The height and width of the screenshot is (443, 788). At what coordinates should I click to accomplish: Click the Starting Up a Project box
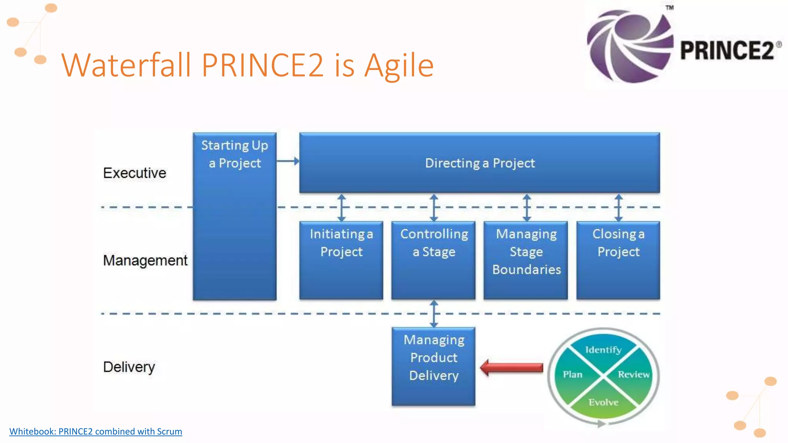point(235,216)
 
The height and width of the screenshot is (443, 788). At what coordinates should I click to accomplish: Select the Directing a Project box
point(479,163)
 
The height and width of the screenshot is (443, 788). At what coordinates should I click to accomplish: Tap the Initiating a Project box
point(341,260)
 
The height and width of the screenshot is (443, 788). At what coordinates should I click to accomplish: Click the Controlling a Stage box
point(434,260)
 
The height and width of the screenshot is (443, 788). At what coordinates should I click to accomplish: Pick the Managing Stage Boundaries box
point(526,260)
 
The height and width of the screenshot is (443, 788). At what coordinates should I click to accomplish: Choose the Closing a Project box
point(618,260)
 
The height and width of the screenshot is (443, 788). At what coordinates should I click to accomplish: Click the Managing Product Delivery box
point(434,366)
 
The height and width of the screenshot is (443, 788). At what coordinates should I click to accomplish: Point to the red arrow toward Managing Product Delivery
point(512,368)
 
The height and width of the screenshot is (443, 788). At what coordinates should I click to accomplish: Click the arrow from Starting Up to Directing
point(288,161)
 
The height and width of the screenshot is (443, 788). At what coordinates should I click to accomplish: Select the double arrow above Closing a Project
point(618,208)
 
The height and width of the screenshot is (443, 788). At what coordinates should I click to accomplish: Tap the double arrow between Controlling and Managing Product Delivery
point(434,314)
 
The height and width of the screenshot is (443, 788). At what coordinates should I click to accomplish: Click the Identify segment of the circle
point(603,350)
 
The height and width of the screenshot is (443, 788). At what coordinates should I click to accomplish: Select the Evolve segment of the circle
point(603,402)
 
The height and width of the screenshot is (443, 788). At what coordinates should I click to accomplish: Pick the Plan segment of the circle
point(573,375)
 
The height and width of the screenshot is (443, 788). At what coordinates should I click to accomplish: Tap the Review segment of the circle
point(633,375)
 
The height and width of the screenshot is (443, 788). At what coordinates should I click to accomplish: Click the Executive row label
point(135,173)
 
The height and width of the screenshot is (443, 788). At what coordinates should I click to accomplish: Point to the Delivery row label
point(129,367)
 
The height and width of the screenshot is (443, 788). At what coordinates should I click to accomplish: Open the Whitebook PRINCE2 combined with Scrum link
point(96,431)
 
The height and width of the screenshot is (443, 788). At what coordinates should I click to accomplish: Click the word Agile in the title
point(399,65)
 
